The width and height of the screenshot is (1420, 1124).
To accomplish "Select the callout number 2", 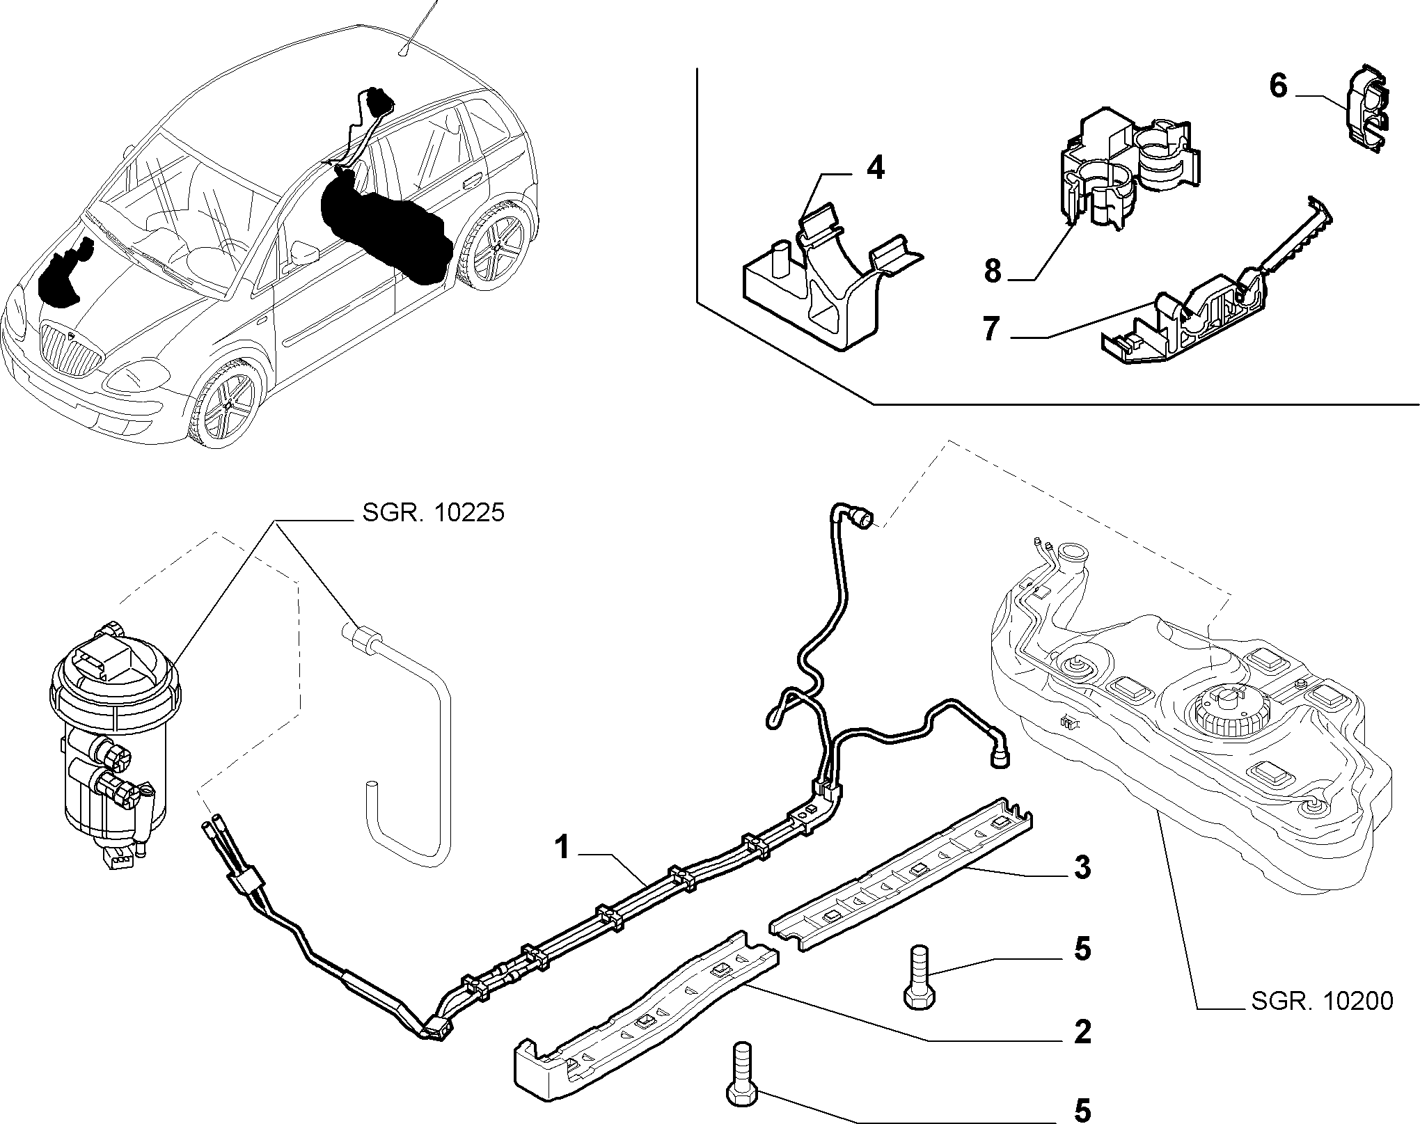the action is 1082,1031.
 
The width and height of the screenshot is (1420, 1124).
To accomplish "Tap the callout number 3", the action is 1082,868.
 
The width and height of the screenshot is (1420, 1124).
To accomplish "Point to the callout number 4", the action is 874,168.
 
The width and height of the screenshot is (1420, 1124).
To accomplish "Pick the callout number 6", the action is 1279,86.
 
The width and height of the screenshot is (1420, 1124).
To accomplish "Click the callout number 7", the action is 991,329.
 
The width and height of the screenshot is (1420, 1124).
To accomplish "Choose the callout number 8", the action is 993,270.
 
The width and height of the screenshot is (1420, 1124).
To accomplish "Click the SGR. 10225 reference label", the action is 432,514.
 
